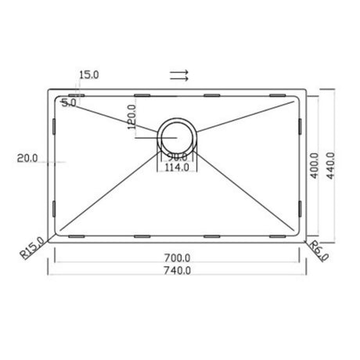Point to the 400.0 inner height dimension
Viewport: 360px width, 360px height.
point(315,165)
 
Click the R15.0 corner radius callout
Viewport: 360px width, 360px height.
point(31,250)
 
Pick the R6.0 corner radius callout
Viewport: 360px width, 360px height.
point(318,250)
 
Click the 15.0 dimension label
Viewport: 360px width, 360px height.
point(88,76)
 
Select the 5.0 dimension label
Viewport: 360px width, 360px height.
point(68,103)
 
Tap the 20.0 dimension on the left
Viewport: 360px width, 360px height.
point(27,159)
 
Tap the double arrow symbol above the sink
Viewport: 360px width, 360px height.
point(179,76)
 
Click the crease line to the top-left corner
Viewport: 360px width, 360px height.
point(110,116)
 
